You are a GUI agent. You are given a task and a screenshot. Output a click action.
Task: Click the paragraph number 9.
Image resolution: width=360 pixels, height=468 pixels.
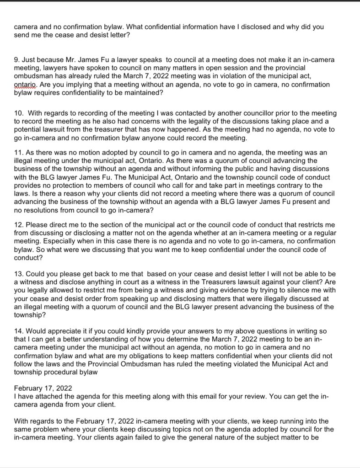tap(16, 60)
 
